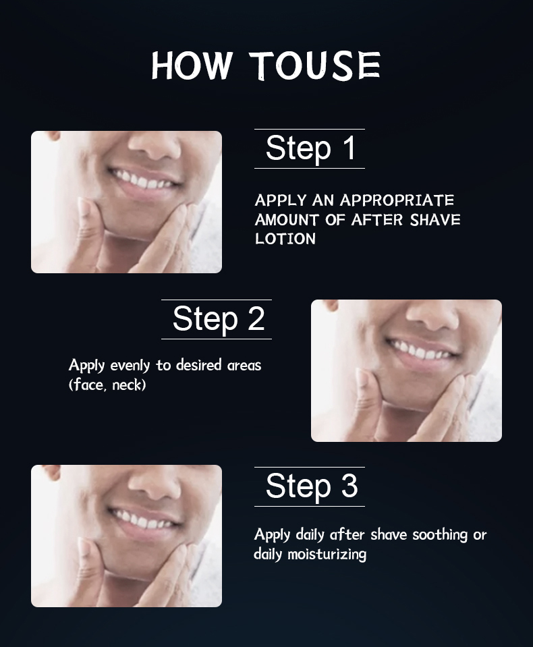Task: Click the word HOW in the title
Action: pos(190,65)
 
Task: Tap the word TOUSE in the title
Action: pos(316,65)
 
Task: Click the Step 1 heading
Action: pos(310,148)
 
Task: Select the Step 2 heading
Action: pos(218,319)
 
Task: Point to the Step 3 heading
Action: pos(312,486)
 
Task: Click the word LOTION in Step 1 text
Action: pos(285,239)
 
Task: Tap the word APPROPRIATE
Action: pos(397,200)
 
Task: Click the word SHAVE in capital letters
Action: pos(435,220)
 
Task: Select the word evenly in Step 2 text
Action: pos(130,366)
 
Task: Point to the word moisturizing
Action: pos(327,554)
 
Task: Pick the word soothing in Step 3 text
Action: pos(440,535)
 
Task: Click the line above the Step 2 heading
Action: pos(217,300)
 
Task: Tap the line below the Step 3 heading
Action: pos(310,506)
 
